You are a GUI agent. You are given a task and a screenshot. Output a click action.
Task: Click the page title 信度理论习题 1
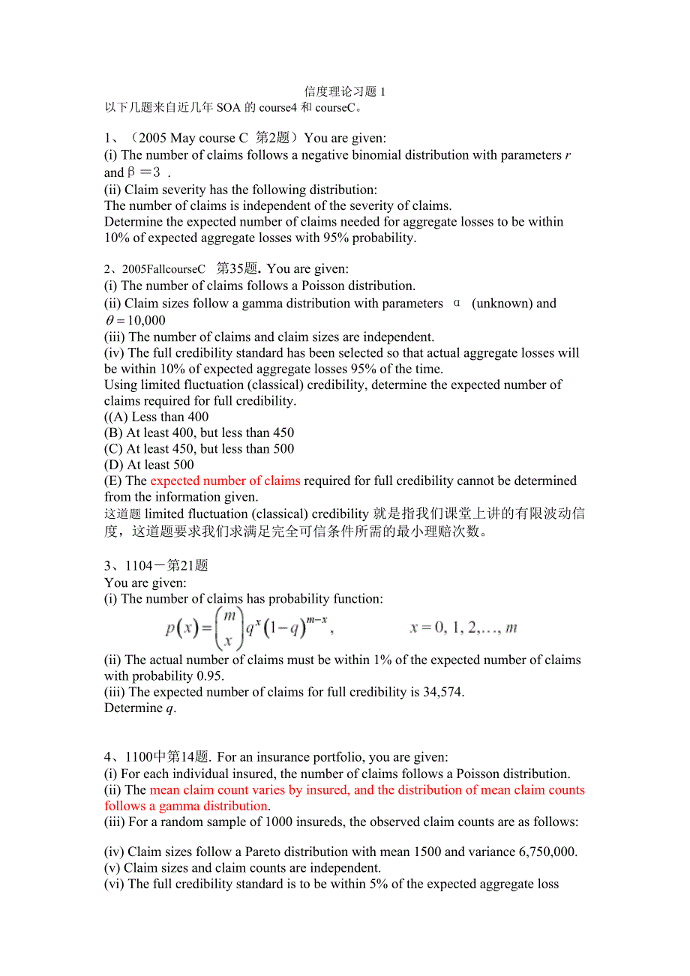[344, 92]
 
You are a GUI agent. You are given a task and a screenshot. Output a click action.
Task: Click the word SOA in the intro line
[229, 108]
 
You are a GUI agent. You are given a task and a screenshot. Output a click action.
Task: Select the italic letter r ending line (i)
[568, 155]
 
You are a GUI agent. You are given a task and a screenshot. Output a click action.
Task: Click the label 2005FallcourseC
[163, 269]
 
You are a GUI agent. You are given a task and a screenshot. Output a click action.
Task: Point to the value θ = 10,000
[135, 321]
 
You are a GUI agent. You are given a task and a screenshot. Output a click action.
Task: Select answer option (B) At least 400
[199, 433]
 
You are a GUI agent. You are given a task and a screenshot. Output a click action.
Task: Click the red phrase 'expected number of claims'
[225, 481]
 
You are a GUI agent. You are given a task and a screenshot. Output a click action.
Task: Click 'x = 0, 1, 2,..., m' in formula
[463, 628]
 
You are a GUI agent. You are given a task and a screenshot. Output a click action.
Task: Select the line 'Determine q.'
[140, 708]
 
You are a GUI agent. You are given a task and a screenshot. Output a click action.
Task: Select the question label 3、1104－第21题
[156, 566]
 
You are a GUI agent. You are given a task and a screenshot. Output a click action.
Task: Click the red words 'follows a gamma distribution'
[187, 807]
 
